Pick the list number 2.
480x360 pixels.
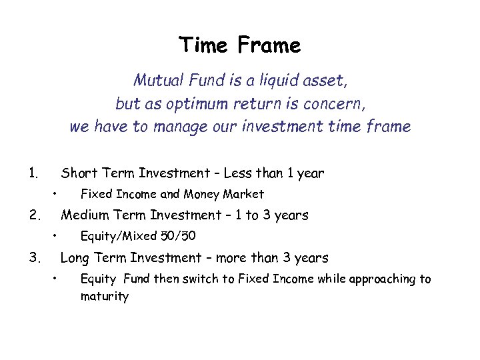(33, 215)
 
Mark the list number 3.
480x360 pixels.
(33, 257)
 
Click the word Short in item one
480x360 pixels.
(77, 173)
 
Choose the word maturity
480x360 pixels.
(104, 297)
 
